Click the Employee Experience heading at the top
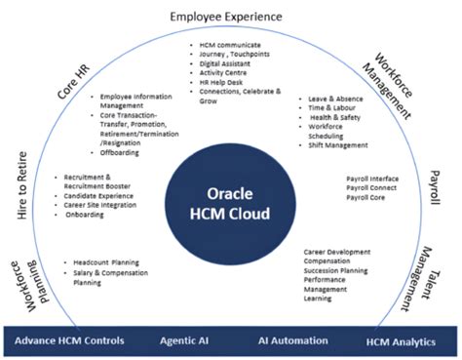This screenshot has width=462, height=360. [225, 16]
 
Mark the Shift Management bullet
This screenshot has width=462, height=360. [339, 144]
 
